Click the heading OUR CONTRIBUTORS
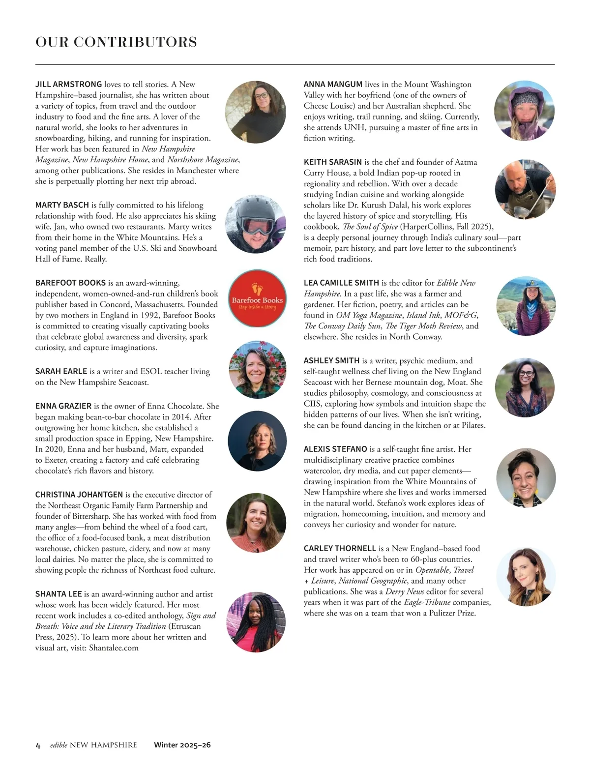[116, 42]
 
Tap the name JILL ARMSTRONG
[68, 85]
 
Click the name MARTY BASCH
[62, 205]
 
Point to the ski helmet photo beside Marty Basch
[255, 225]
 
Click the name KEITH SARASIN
[332, 162]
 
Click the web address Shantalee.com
[114, 648]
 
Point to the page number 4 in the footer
[38, 745]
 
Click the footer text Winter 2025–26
[182, 745]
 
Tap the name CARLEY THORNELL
[340, 549]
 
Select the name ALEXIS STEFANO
[335, 449]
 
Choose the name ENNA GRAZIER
[63, 406]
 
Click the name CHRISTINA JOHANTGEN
[79, 495]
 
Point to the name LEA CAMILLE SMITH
[341, 283]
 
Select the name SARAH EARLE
[61, 371]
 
